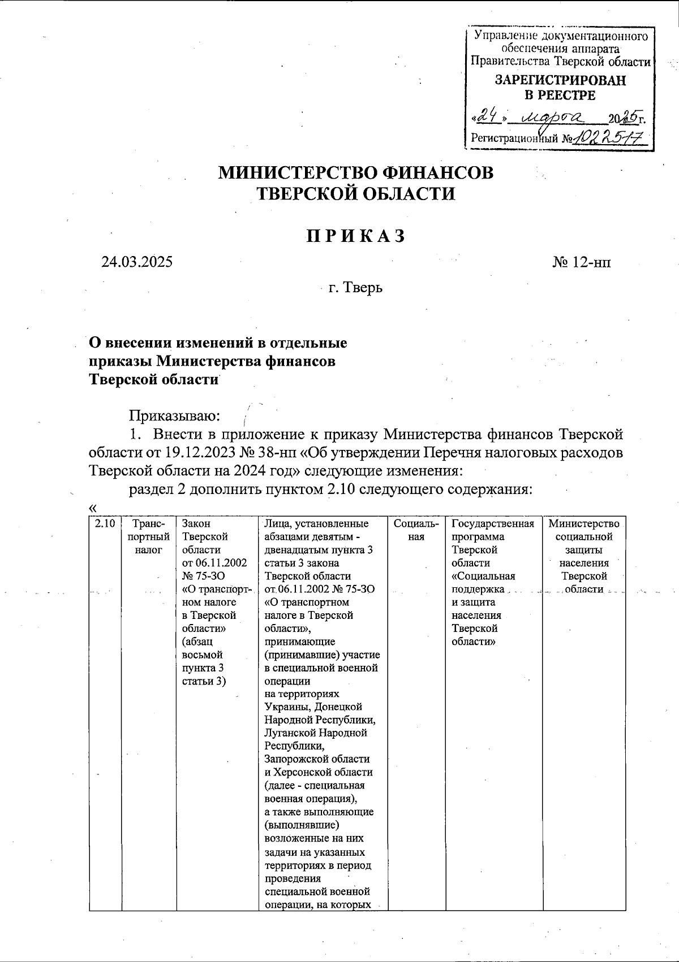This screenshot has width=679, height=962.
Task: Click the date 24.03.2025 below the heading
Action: tap(137, 262)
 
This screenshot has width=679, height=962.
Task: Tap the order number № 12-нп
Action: tap(581, 262)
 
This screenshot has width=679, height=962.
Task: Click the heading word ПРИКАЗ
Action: tap(356, 236)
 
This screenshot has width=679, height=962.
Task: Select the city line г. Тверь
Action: tap(355, 288)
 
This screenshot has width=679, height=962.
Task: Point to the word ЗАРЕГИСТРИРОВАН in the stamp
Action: tap(561, 80)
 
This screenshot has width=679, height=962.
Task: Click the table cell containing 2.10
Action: tap(105, 524)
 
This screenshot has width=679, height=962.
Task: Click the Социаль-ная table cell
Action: tap(416, 530)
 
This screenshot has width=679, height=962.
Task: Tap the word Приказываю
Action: tap(174, 417)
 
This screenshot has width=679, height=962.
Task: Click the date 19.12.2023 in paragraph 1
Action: tap(198, 453)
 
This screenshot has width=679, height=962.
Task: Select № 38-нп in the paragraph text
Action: tap(272, 453)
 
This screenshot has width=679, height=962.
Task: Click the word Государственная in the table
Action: tap(493, 524)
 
